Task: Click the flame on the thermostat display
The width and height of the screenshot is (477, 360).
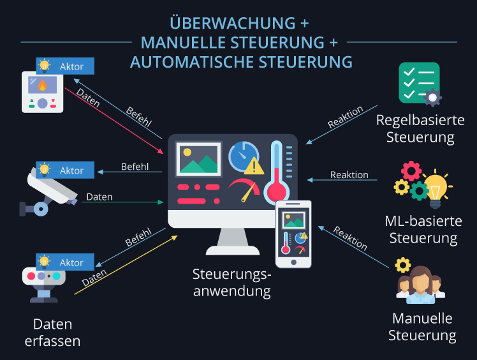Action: click(42, 85)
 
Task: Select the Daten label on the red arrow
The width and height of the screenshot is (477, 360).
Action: click(87, 98)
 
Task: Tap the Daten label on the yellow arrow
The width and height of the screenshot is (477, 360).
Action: click(94, 277)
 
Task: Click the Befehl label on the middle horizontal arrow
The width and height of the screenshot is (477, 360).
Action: click(135, 167)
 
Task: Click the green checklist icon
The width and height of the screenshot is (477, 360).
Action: click(418, 83)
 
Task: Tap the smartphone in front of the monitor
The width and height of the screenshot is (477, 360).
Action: click(293, 234)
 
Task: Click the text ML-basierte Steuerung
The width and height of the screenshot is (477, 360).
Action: click(423, 230)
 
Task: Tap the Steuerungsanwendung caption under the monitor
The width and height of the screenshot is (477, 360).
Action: click(232, 282)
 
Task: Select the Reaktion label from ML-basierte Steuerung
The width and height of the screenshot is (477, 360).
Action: click(349, 175)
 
